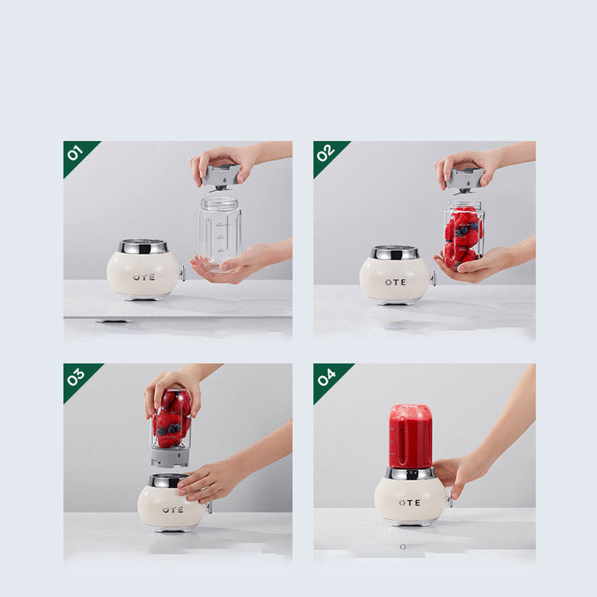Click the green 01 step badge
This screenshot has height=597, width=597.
click(x=76, y=154)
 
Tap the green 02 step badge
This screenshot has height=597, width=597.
click(x=326, y=154)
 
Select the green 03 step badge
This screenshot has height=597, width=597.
click(x=76, y=377)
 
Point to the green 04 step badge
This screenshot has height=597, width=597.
click(x=326, y=377)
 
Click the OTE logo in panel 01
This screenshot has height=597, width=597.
click(x=143, y=277)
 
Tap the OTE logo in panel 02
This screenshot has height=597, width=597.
click(x=396, y=282)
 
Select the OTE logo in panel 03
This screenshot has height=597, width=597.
click(x=172, y=510)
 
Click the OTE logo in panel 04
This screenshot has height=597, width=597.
click(x=409, y=502)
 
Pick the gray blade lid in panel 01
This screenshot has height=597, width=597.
click(x=221, y=176)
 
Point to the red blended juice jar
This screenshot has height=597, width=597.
click(x=410, y=436)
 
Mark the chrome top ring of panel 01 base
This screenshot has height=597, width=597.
click(x=143, y=246)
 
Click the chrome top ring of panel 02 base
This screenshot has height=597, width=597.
click(x=395, y=252)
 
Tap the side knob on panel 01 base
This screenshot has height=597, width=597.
click(x=182, y=273)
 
